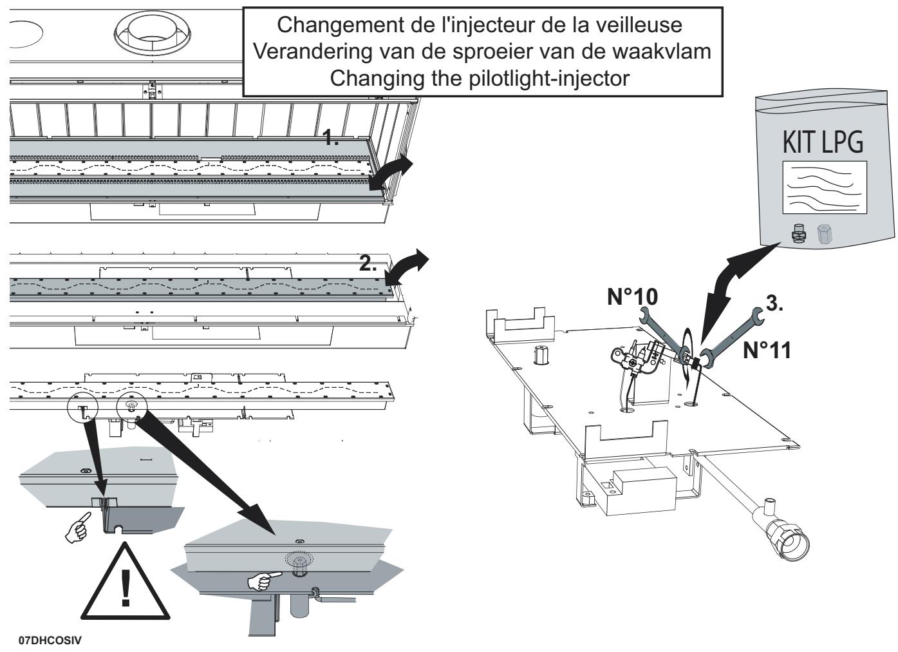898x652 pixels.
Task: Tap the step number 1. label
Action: click(x=331, y=138)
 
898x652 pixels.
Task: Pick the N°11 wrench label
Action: click(x=767, y=350)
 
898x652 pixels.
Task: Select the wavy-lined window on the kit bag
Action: click(x=824, y=187)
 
